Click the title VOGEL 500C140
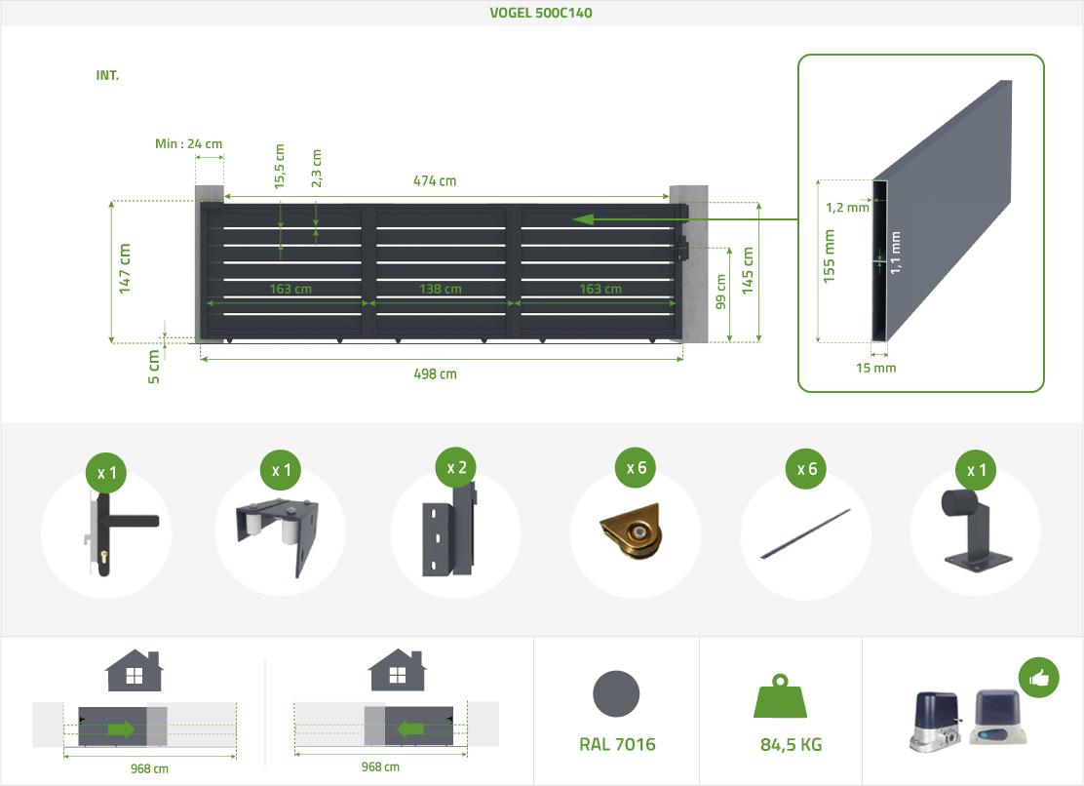(541, 13)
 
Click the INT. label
(107, 75)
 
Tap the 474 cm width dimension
(434, 180)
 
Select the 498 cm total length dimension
(435, 373)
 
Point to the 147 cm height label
(125, 269)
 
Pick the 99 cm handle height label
(721, 293)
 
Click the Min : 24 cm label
(188, 143)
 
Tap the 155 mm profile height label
(830, 255)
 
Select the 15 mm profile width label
(875, 368)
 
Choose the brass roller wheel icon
(632, 533)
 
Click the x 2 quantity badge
(456, 468)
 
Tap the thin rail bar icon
(805, 533)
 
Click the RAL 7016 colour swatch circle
(616, 695)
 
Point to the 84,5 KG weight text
(791, 745)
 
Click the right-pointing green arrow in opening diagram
(121, 728)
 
